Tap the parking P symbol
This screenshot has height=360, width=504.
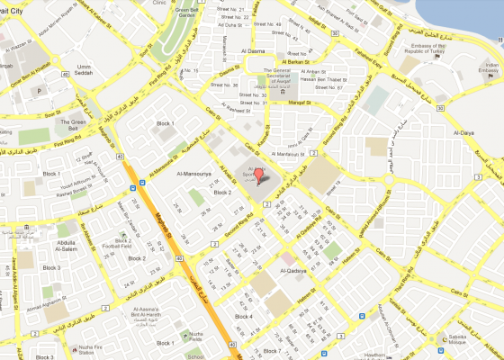tap(40, 91)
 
